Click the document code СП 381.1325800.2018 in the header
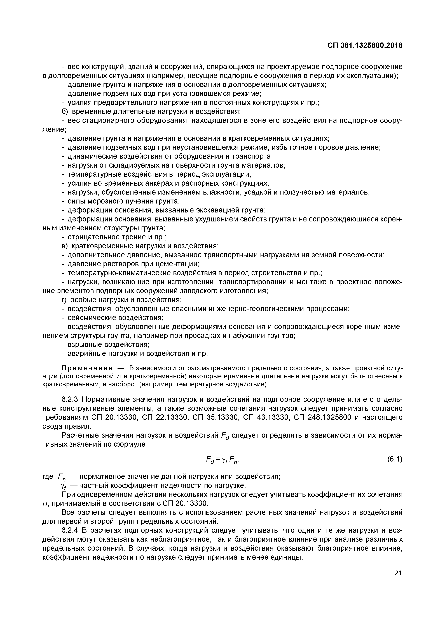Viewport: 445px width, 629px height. click(x=365, y=46)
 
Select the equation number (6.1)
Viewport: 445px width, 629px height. click(x=394, y=459)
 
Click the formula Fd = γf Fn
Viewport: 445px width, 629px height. click(x=223, y=460)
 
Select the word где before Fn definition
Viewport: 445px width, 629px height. click(x=48, y=477)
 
